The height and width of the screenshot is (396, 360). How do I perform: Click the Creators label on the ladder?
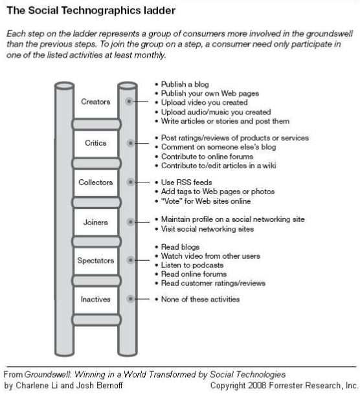[95, 102]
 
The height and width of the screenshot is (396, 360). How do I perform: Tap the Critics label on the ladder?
[95, 143]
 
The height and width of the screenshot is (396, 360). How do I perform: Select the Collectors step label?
[95, 182]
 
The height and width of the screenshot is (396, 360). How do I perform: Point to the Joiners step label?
[95, 222]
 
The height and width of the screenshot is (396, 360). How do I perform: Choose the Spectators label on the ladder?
[95, 260]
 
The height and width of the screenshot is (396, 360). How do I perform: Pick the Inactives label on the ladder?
[95, 300]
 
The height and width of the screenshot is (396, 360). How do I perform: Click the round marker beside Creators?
[129, 102]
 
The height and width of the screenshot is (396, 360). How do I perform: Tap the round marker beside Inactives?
[130, 299]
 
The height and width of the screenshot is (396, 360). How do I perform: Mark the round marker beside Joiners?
[130, 222]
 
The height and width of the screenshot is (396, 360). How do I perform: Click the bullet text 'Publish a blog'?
[185, 84]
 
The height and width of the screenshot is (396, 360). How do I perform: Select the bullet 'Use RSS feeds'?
[186, 182]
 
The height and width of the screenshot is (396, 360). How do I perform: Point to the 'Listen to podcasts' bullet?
[192, 265]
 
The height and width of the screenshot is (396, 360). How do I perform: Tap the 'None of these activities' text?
[200, 300]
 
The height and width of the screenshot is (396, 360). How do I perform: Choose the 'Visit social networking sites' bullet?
[207, 229]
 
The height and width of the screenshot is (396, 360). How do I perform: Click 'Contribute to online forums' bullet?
[207, 157]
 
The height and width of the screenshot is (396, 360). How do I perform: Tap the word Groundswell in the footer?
[48, 374]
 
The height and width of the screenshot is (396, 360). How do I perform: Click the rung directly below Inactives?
[96, 320]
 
